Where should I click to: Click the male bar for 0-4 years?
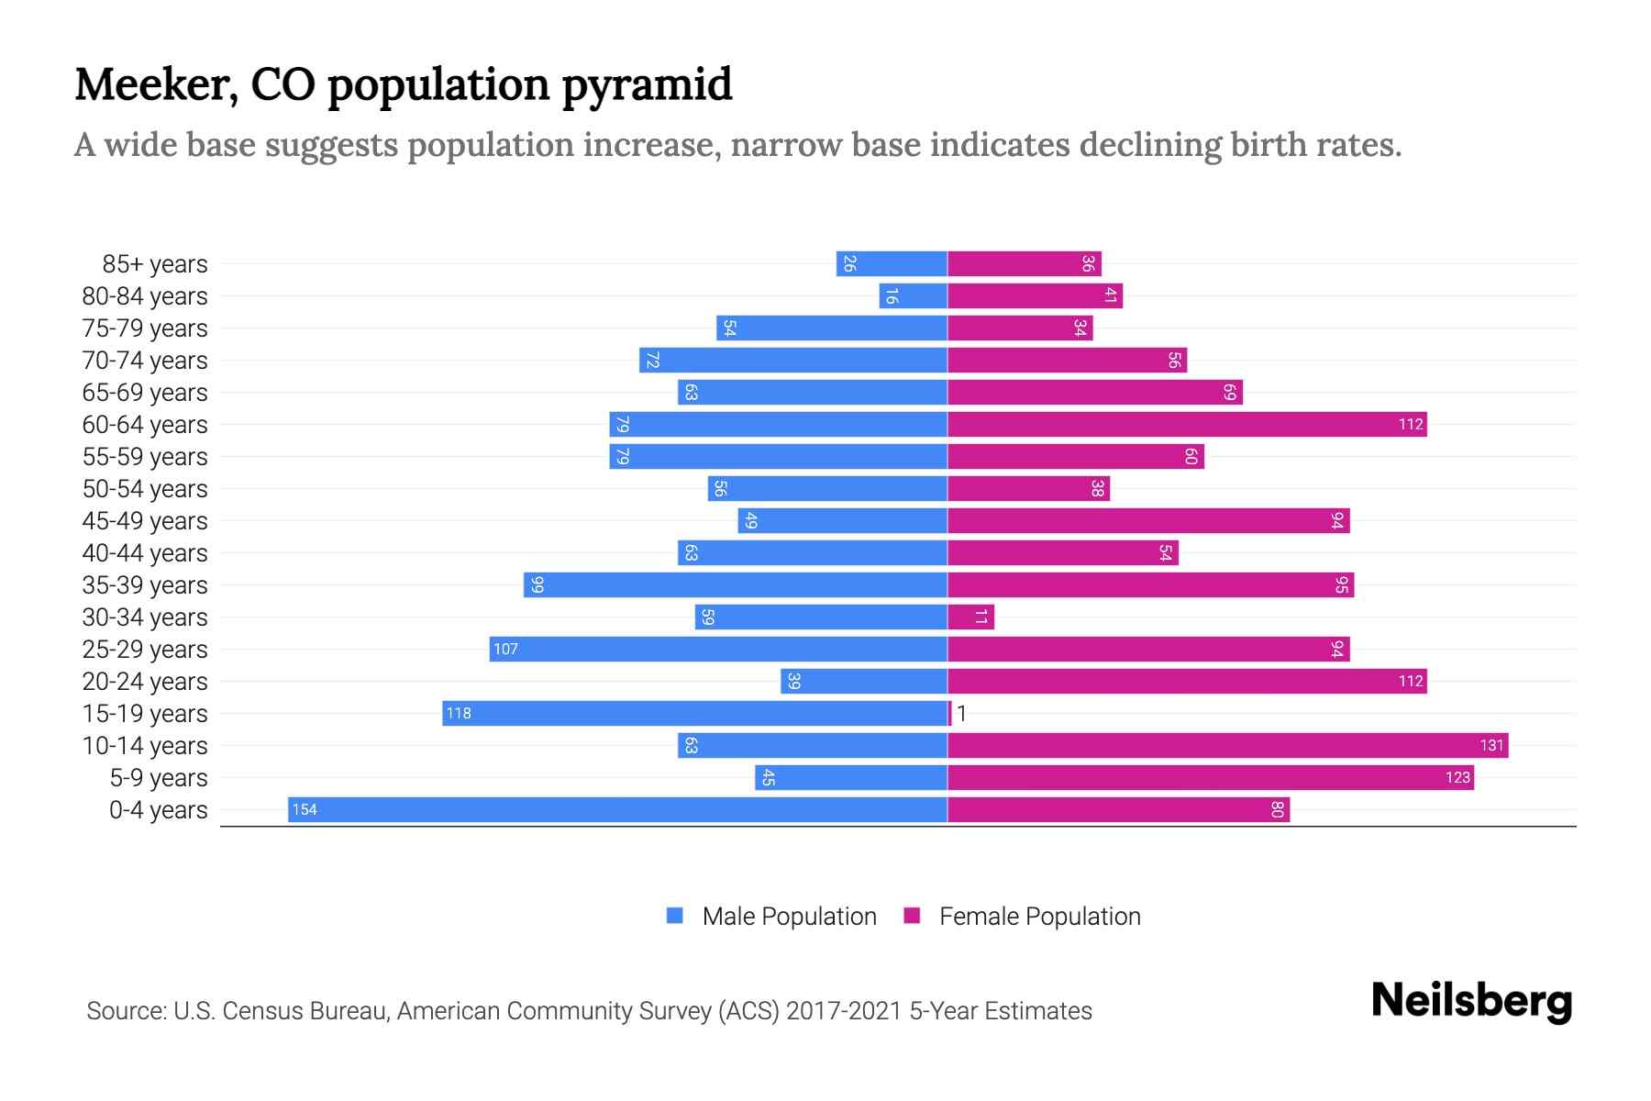coord(617,809)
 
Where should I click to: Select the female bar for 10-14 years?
coord(1227,745)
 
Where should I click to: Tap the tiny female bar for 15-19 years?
coord(950,713)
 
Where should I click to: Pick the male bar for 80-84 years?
coord(913,295)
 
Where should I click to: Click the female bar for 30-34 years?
coord(970,617)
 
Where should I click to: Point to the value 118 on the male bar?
coord(459,713)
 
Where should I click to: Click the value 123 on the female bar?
coord(1457,777)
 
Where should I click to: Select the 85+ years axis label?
coord(155,264)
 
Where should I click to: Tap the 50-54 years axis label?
coord(145,489)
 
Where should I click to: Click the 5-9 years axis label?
coord(159,778)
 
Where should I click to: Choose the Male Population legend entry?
coord(789,916)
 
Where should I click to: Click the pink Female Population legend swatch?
coord(912,916)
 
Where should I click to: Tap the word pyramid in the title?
coord(647,84)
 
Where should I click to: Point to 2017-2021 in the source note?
coord(843,1011)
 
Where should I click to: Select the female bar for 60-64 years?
coord(1187,424)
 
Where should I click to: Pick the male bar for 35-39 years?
coord(736,584)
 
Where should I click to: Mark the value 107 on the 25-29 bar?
coord(505,649)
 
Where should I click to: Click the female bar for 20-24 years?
coord(1187,681)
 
